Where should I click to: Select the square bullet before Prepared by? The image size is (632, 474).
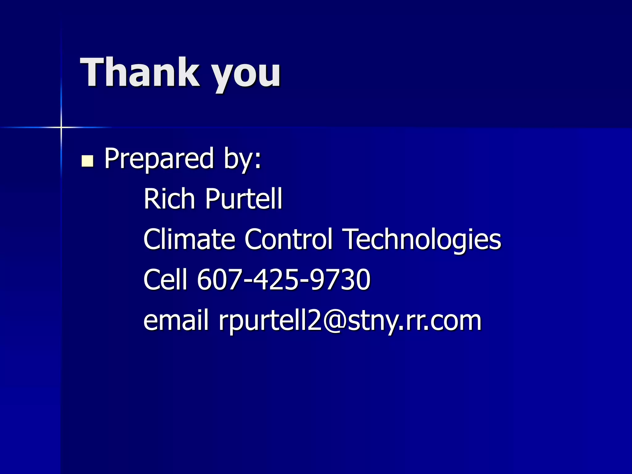tap(87, 161)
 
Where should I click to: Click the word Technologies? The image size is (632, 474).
tap(423, 240)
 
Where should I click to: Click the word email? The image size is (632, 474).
tap(176, 320)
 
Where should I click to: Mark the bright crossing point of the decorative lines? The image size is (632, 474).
tap(61, 127)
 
